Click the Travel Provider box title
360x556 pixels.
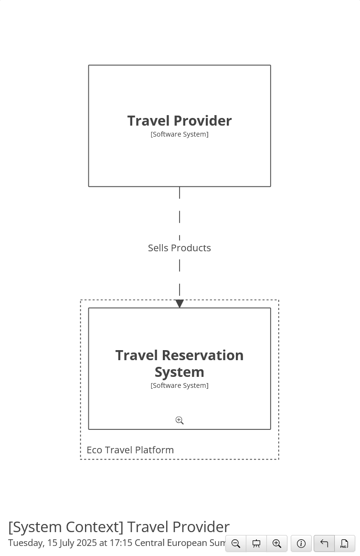180,121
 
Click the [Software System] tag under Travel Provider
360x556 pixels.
180,134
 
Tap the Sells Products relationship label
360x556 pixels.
180,248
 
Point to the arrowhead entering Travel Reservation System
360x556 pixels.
180,303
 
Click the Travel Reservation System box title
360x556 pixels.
180,364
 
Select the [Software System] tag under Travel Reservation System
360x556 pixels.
180,385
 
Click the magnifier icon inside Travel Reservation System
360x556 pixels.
180,420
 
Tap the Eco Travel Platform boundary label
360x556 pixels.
130,450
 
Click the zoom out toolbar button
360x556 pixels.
236,543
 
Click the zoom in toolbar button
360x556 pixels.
277,543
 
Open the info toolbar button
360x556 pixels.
301,543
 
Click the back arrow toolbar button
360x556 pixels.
324,543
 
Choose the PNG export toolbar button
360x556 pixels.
344,543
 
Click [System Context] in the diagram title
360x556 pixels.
66,527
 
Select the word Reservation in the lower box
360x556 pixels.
202,355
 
